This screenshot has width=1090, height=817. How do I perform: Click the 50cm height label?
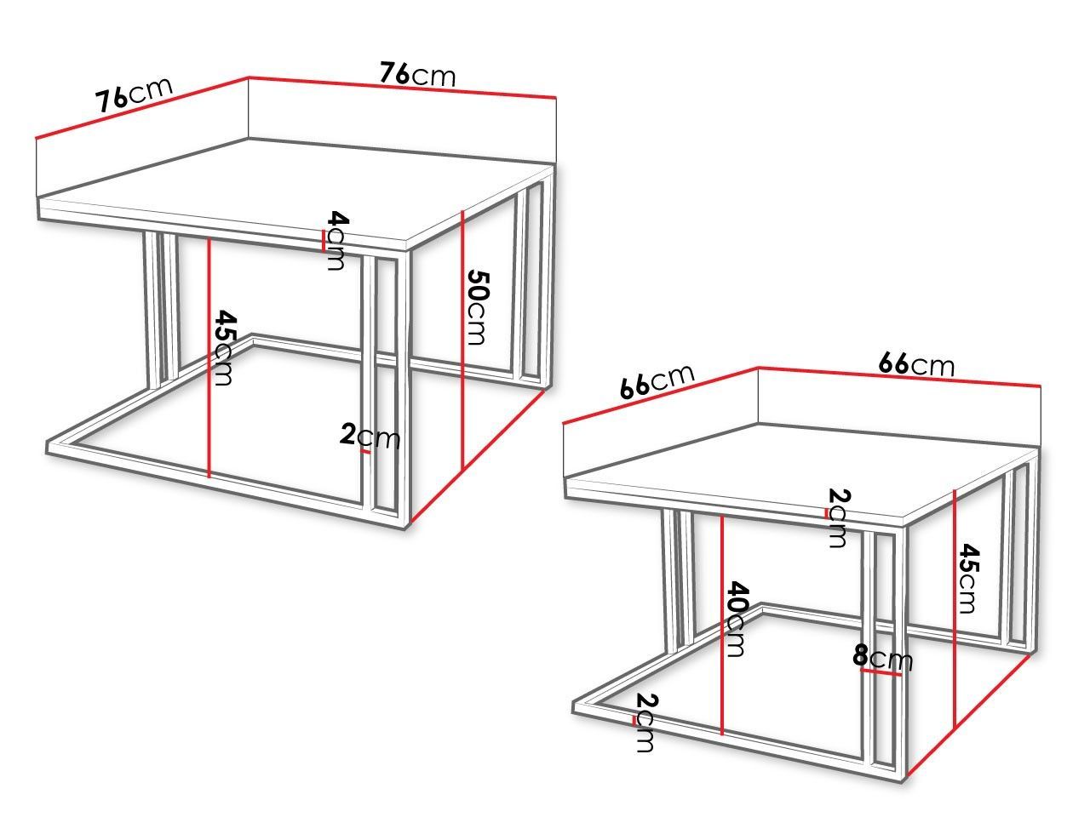(478, 307)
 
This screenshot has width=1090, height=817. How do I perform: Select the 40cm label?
(737, 620)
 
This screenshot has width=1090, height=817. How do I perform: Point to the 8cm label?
(882, 657)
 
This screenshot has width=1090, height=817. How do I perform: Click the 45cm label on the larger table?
(224, 348)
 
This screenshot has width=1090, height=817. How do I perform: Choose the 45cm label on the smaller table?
(968, 579)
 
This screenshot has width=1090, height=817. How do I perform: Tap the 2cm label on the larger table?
(370, 437)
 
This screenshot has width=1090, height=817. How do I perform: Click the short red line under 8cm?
(881, 672)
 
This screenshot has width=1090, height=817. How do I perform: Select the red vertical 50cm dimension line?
(462, 340)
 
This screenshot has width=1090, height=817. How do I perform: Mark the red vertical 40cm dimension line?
(722, 625)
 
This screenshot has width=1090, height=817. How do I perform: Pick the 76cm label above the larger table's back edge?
(417, 74)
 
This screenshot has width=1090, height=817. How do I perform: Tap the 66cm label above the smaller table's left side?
(657, 381)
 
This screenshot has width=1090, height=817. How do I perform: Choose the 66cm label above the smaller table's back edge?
(916, 364)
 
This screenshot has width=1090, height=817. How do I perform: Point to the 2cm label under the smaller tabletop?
(839, 518)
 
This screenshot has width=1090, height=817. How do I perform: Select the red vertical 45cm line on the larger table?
(209, 358)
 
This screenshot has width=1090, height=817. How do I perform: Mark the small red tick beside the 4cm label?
(324, 243)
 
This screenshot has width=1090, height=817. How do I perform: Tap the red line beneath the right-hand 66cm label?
(899, 376)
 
